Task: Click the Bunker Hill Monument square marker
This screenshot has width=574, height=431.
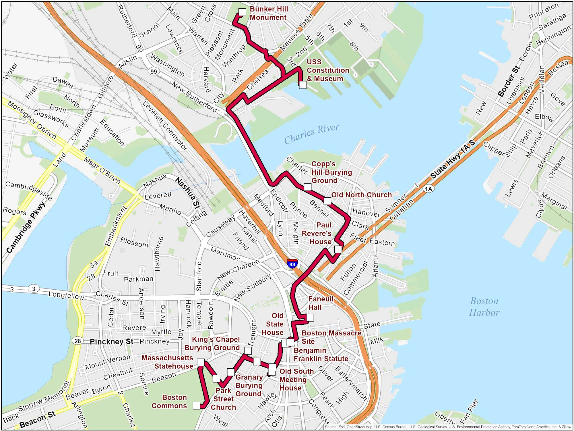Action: click(242, 12)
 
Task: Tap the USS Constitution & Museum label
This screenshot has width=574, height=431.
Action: click(327, 70)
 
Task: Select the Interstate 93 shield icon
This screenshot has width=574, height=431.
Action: click(292, 263)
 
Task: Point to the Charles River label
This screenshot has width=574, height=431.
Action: click(312, 134)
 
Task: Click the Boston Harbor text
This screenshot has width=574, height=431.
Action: click(484, 307)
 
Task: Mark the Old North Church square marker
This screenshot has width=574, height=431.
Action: click(327, 201)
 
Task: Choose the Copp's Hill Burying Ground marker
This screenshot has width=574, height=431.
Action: click(307, 187)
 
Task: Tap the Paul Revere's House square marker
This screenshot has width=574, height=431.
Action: click(338, 249)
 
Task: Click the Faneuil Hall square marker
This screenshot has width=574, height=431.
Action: click(310, 318)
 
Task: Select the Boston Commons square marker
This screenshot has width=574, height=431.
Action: click(197, 405)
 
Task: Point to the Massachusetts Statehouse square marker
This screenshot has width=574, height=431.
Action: click(201, 362)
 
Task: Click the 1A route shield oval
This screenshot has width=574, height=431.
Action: click(428, 189)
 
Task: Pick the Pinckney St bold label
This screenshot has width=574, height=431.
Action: click(111, 341)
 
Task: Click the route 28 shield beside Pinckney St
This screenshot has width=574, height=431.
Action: click(78, 341)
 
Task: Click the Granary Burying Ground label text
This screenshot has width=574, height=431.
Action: click(249, 385)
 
